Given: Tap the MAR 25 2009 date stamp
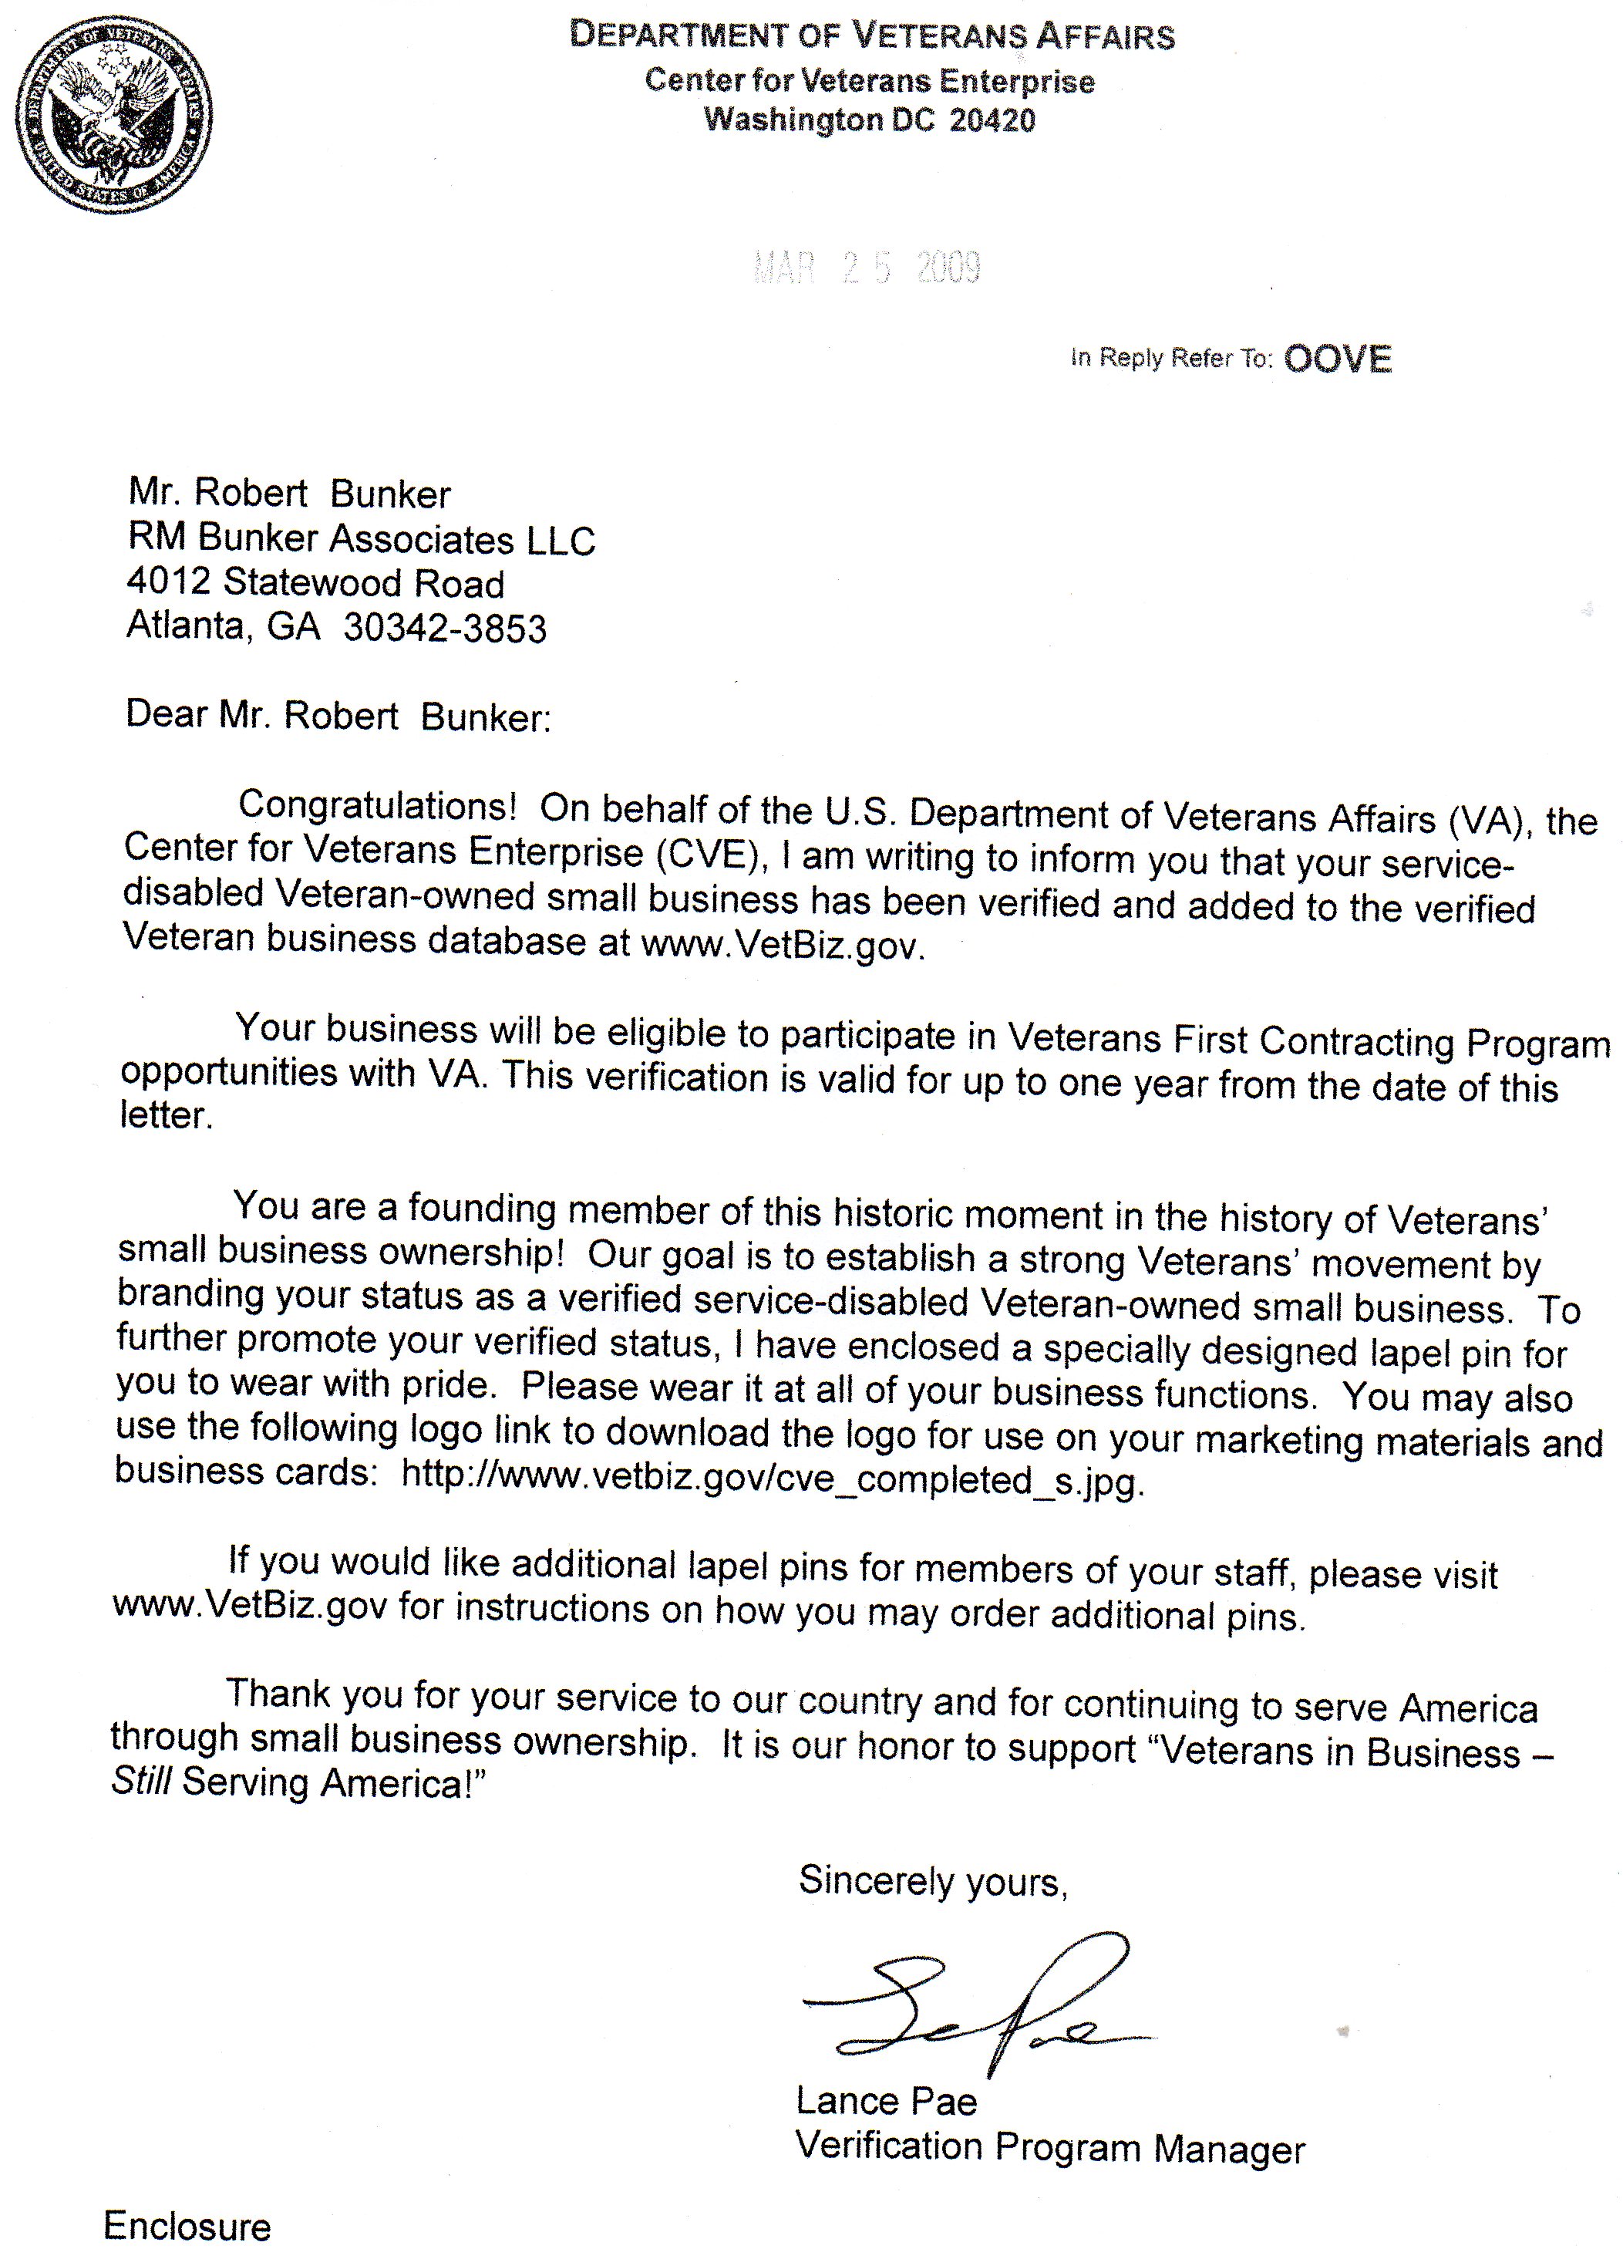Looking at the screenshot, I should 867,268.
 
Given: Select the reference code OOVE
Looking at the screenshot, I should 1338,359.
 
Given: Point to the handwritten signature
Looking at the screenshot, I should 977,2003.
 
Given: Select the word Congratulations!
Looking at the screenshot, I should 377,805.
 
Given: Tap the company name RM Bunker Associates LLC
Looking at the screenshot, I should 361,538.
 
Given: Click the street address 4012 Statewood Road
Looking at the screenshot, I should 315,582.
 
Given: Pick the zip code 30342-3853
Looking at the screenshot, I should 445,629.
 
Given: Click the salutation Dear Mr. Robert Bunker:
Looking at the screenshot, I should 337,716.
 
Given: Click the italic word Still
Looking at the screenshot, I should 142,1781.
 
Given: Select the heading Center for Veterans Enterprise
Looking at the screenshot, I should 870,80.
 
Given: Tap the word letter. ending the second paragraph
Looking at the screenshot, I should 167,1115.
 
